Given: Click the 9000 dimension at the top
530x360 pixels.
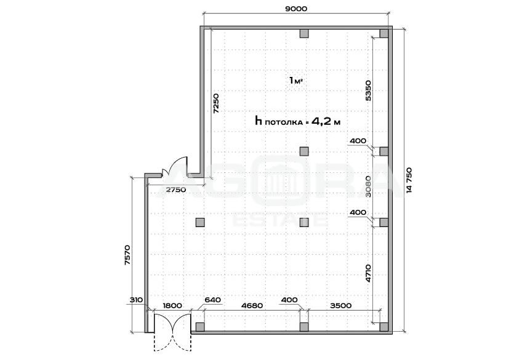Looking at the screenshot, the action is coord(296,9).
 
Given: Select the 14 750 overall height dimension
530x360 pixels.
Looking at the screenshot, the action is coord(410,180).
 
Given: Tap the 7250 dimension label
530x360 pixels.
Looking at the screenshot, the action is coord(216,103).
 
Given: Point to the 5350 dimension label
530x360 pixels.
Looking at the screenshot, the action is coord(369,90).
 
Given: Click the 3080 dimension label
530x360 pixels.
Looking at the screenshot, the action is coord(369,186).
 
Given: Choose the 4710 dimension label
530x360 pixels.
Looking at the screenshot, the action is coord(369,273).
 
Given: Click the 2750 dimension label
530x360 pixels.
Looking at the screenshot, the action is coord(176,190).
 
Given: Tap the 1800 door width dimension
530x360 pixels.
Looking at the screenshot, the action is coord(172,306).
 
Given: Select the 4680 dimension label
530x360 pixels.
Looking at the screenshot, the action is coord(252,306).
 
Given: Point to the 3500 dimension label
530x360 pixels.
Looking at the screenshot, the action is coord(341,306).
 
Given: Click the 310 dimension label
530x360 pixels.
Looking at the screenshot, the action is coord(137,300).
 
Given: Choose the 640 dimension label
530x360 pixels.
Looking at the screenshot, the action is coord(213,300).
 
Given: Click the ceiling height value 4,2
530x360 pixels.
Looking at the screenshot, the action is coord(321,121).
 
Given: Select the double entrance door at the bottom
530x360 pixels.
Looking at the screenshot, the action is coord(173,333).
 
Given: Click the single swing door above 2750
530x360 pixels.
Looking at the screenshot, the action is coord(175,166).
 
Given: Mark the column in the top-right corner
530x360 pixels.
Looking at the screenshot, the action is coord(383,33).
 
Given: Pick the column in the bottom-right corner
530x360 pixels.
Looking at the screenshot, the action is coord(383,327).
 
